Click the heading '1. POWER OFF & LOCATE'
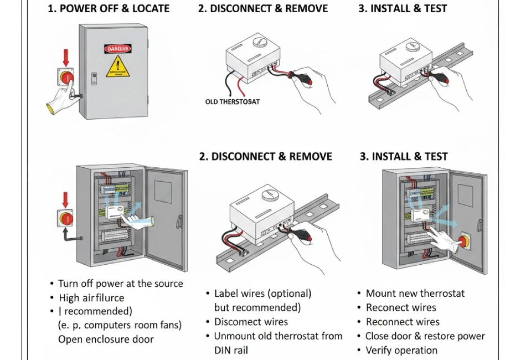pos(109,9)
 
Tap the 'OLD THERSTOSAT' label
pos(232,102)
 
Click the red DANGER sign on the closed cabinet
pos(118,49)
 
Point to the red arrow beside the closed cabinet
pos(67,57)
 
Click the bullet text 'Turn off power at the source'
pos(120,284)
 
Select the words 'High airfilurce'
pos(91,298)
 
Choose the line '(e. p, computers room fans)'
pos(120,325)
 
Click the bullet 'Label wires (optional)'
pos(262,293)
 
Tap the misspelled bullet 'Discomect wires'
pos(251,322)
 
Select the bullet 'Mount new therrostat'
pos(415,293)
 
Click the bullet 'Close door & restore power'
pos(425,336)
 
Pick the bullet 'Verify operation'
pos(401,350)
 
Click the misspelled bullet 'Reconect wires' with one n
pos(401,307)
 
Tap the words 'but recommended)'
pos(257,307)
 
